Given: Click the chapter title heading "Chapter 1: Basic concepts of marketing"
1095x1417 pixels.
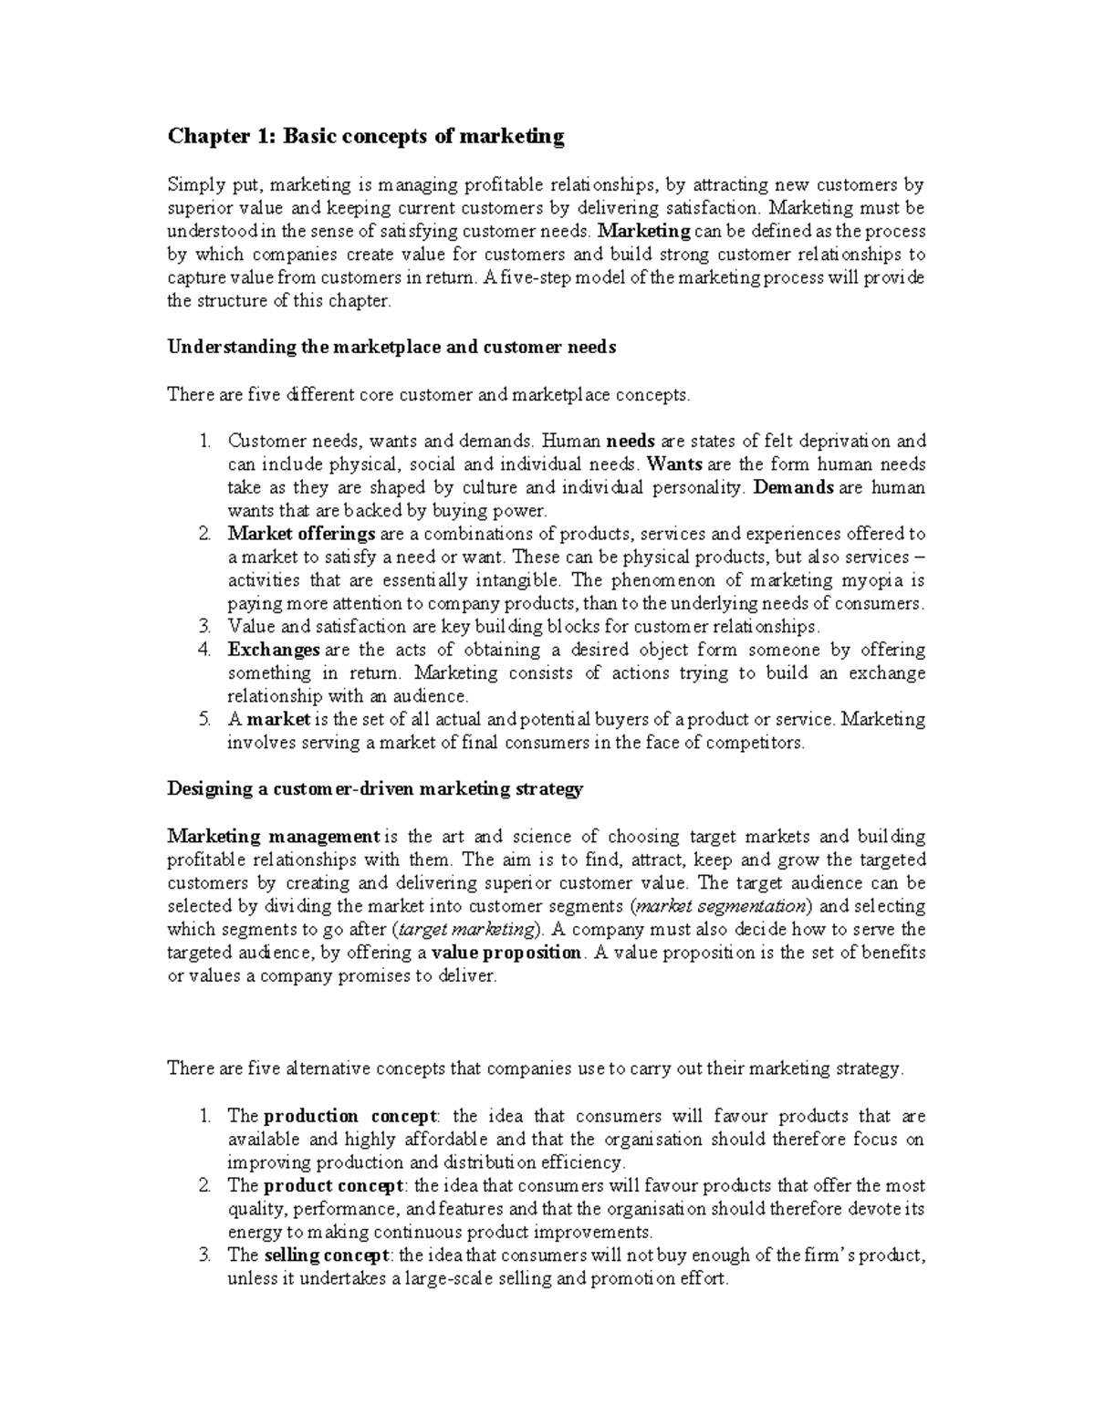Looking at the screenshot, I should pos(366,137).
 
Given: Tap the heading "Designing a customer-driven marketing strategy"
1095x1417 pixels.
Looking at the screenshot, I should pos(375,789).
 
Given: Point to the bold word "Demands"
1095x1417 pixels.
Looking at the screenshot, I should pos(793,488).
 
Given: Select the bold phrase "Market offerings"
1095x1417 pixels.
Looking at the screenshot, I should pos(301,534).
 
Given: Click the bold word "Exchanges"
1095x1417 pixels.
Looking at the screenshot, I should pos(273,651).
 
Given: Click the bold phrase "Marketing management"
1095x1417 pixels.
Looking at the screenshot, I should pos(273,837).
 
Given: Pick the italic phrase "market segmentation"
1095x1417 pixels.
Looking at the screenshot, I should pos(720,907).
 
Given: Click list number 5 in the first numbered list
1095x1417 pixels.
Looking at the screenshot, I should pos(204,720).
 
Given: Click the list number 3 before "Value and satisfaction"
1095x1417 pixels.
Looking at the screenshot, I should pos(204,627).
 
